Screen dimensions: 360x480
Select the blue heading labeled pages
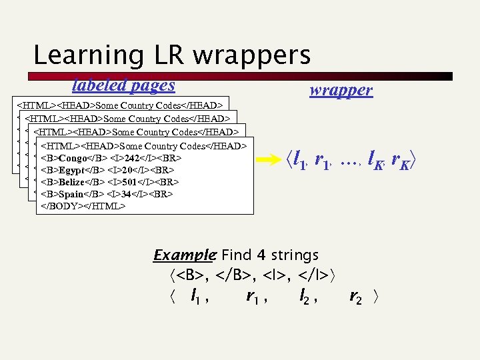point(123,85)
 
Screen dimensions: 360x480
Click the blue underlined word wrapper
point(341,91)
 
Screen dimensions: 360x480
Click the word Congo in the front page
point(73,159)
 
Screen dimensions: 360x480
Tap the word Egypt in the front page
point(73,170)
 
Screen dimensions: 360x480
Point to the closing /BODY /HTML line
point(83,206)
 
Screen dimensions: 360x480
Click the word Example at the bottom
point(184,255)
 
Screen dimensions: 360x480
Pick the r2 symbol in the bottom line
point(356,298)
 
